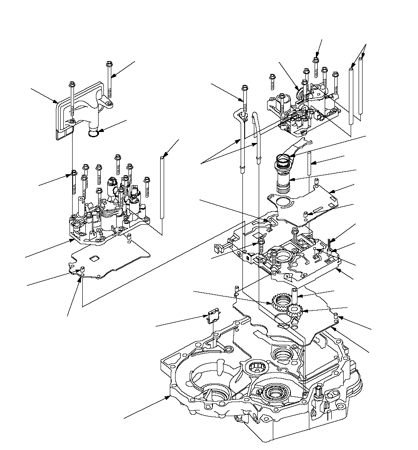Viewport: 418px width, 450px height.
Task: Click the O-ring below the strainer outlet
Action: [93, 132]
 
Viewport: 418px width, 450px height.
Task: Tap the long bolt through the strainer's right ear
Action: [109, 79]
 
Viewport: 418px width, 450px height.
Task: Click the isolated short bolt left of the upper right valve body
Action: [272, 82]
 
